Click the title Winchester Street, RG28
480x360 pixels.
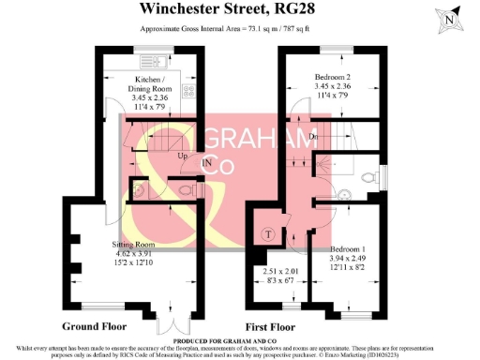[231, 10]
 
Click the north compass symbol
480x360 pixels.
[452, 18]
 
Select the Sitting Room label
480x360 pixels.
[120, 244]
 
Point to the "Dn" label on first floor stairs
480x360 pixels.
[312, 138]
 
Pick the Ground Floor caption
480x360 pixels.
[97, 326]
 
